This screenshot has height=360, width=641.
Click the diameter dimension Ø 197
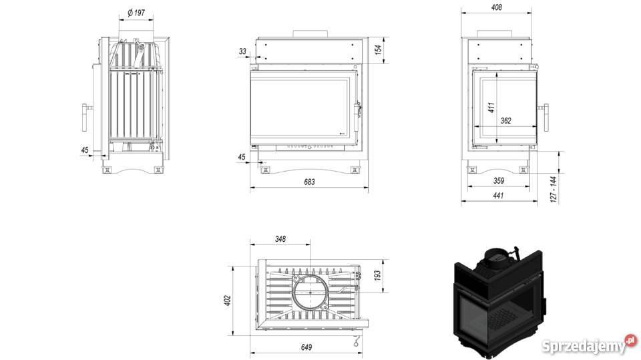pos(136,13)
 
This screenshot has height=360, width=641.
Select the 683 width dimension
pos(308,182)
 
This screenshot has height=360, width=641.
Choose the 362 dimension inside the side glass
pos(505,120)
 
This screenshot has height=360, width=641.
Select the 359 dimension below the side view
pos(497,181)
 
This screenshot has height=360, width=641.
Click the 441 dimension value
pos(497,196)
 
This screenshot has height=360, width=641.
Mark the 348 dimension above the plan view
pos(280,238)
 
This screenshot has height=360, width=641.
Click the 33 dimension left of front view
pos(242,51)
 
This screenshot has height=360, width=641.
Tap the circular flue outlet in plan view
pos(310,292)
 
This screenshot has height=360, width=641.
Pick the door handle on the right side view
pos(547,118)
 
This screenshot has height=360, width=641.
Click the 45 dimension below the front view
pos(242,157)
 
